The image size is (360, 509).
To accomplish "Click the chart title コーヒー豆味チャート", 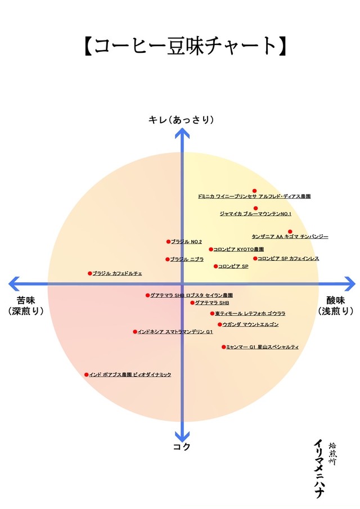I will coord(179,47).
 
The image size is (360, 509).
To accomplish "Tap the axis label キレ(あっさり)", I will coord(181,119).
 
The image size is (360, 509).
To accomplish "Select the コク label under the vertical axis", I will coord(181,447).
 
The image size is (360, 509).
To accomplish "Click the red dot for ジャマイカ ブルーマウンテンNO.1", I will coord(255,208).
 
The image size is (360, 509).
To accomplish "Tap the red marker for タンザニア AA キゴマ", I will coord(290,231).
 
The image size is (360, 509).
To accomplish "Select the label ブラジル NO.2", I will coord(186,242).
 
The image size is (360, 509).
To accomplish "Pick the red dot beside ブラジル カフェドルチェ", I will coord(89,273).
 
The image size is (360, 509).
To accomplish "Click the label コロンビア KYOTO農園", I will coord(238,249).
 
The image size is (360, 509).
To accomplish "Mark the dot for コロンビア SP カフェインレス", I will coord(255,259).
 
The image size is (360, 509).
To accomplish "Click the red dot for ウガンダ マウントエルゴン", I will coord(220,325).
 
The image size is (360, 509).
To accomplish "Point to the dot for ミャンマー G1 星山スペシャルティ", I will coord(224,347).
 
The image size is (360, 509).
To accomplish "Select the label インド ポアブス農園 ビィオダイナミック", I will coord(130,375).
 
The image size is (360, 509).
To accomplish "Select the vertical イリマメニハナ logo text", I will coord(318,469).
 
